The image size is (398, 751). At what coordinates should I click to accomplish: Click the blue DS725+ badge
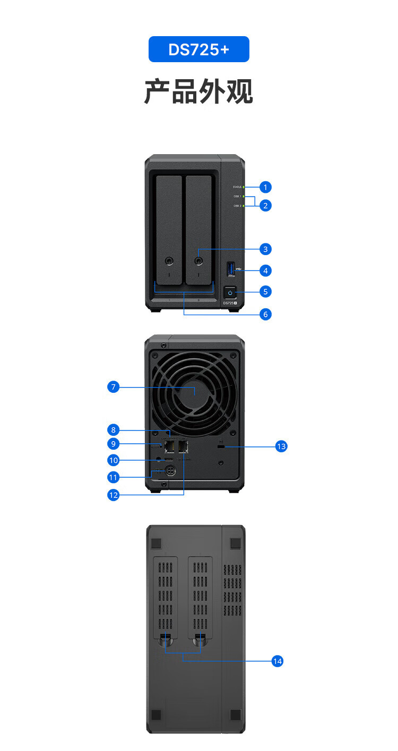198,49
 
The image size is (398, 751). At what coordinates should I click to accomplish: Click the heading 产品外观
198,92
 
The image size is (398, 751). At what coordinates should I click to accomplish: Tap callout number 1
266,187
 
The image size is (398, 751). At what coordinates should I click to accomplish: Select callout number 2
266,205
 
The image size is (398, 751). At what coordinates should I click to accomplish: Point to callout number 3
266,249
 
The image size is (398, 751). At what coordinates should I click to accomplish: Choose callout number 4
266,271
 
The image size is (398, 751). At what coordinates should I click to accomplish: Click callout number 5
266,291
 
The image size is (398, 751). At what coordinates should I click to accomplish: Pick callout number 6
266,314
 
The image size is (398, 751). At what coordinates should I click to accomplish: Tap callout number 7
113,387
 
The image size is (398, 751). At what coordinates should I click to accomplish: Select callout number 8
113,429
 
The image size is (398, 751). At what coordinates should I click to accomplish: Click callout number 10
113,460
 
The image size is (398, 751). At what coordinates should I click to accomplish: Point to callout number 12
113,495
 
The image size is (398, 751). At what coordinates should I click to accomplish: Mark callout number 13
281,446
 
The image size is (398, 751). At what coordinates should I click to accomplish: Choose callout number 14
277,661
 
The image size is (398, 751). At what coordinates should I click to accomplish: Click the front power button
230,292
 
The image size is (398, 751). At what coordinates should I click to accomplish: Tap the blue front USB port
230,269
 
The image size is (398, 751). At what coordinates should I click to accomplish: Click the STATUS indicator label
237,187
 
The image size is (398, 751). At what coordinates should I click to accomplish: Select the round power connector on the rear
170,470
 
